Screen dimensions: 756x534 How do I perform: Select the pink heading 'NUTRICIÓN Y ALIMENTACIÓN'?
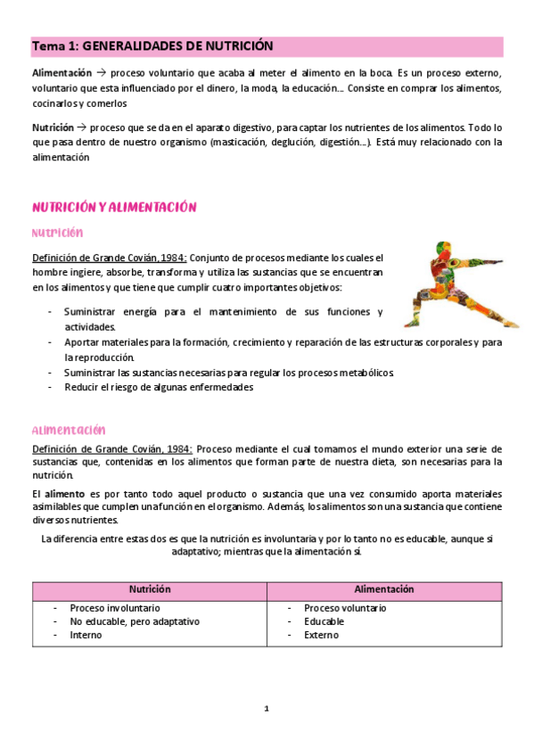(x=114, y=207)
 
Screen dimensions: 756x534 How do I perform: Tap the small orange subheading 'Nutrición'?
(x=58, y=234)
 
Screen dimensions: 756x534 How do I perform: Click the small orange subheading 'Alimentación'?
(x=69, y=430)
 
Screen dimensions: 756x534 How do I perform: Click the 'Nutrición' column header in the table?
(x=150, y=590)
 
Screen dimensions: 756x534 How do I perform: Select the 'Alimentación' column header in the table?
(x=383, y=590)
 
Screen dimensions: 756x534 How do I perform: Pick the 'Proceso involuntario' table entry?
(x=115, y=608)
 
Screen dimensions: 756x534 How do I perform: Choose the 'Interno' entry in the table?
(x=86, y=635)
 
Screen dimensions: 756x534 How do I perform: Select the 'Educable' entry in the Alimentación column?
(x=323, y=621)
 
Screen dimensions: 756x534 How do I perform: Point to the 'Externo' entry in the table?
(x=321, y=635)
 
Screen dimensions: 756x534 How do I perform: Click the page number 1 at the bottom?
(x=267, y=709)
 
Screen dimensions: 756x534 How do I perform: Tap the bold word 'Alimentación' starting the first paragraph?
(x=62, y=72)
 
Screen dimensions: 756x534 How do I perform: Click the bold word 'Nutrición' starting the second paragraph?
(x=53, y=127)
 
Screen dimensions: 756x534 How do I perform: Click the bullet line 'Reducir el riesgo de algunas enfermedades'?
(x=159, y=388)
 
